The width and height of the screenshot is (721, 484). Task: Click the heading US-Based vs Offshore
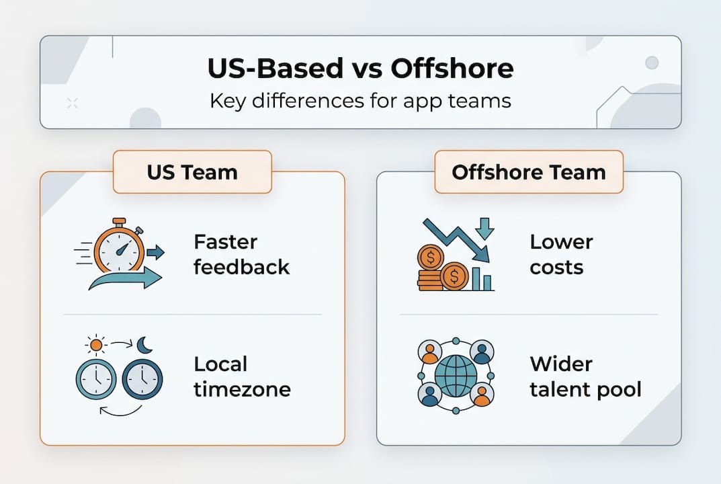360,69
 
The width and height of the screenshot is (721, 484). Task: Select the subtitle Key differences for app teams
360,101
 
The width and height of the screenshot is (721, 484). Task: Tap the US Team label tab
192,172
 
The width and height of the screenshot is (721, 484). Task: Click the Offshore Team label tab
528,172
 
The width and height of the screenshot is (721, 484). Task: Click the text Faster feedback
241,254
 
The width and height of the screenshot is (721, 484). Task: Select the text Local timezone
242,376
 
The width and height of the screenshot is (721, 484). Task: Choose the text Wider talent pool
585,376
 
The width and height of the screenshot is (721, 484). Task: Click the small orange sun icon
96,345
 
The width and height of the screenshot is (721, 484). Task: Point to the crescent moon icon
144,345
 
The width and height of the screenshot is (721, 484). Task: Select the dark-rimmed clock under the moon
142,380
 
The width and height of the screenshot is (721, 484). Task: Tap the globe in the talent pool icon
455,376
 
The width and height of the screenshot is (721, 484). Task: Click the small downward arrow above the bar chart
484,228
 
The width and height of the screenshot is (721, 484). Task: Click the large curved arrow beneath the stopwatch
125,278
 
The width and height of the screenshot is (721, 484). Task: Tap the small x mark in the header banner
73,103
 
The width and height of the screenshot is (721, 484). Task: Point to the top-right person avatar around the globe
481,352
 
